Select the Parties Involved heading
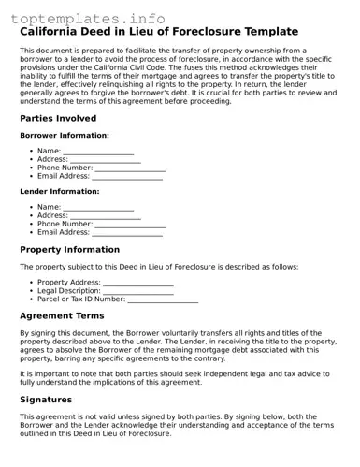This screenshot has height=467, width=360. tap(57, 119)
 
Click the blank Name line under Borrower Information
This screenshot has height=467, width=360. tap(98, 152)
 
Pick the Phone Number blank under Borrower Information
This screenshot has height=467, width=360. tap(130, 168)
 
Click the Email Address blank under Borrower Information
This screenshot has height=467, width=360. tap(127, 177)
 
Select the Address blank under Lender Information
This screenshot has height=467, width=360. tap(106, 216)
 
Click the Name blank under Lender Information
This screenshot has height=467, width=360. tap(98, 208)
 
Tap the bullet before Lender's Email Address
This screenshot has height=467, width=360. tap(31, 232)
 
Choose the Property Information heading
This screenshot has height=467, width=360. tap(69, 250)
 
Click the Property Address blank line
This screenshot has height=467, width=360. tap(138, 284)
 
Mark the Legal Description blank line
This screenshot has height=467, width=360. tap(138, 292)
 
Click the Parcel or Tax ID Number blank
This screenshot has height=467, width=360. tap(163, 300)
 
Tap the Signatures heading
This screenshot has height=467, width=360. tap(46, 399)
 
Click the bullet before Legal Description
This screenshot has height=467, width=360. tap(31, 291)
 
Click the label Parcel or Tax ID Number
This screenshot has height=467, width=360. tap(80, 299)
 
